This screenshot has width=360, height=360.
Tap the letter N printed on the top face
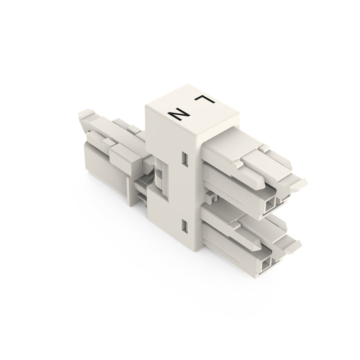point(178,114)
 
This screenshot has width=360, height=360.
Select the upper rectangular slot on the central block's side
point(185,159)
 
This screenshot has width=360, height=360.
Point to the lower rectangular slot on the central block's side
point(185,227)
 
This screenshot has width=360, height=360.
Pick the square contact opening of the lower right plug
point(266,265)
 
